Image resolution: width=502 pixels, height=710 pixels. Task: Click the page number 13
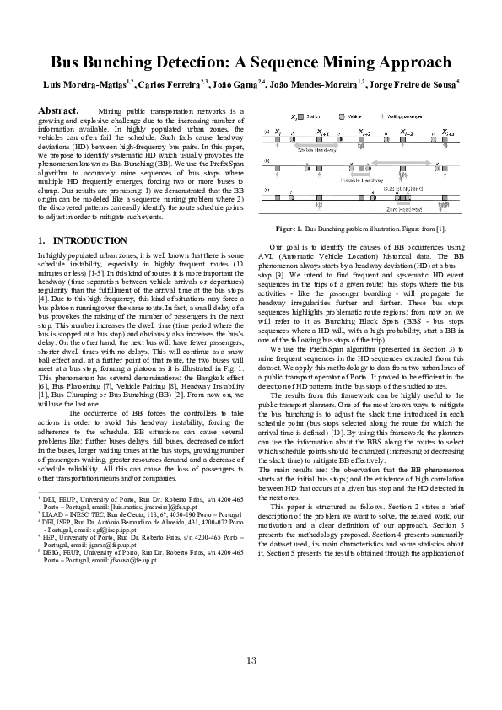tap(251, 659)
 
